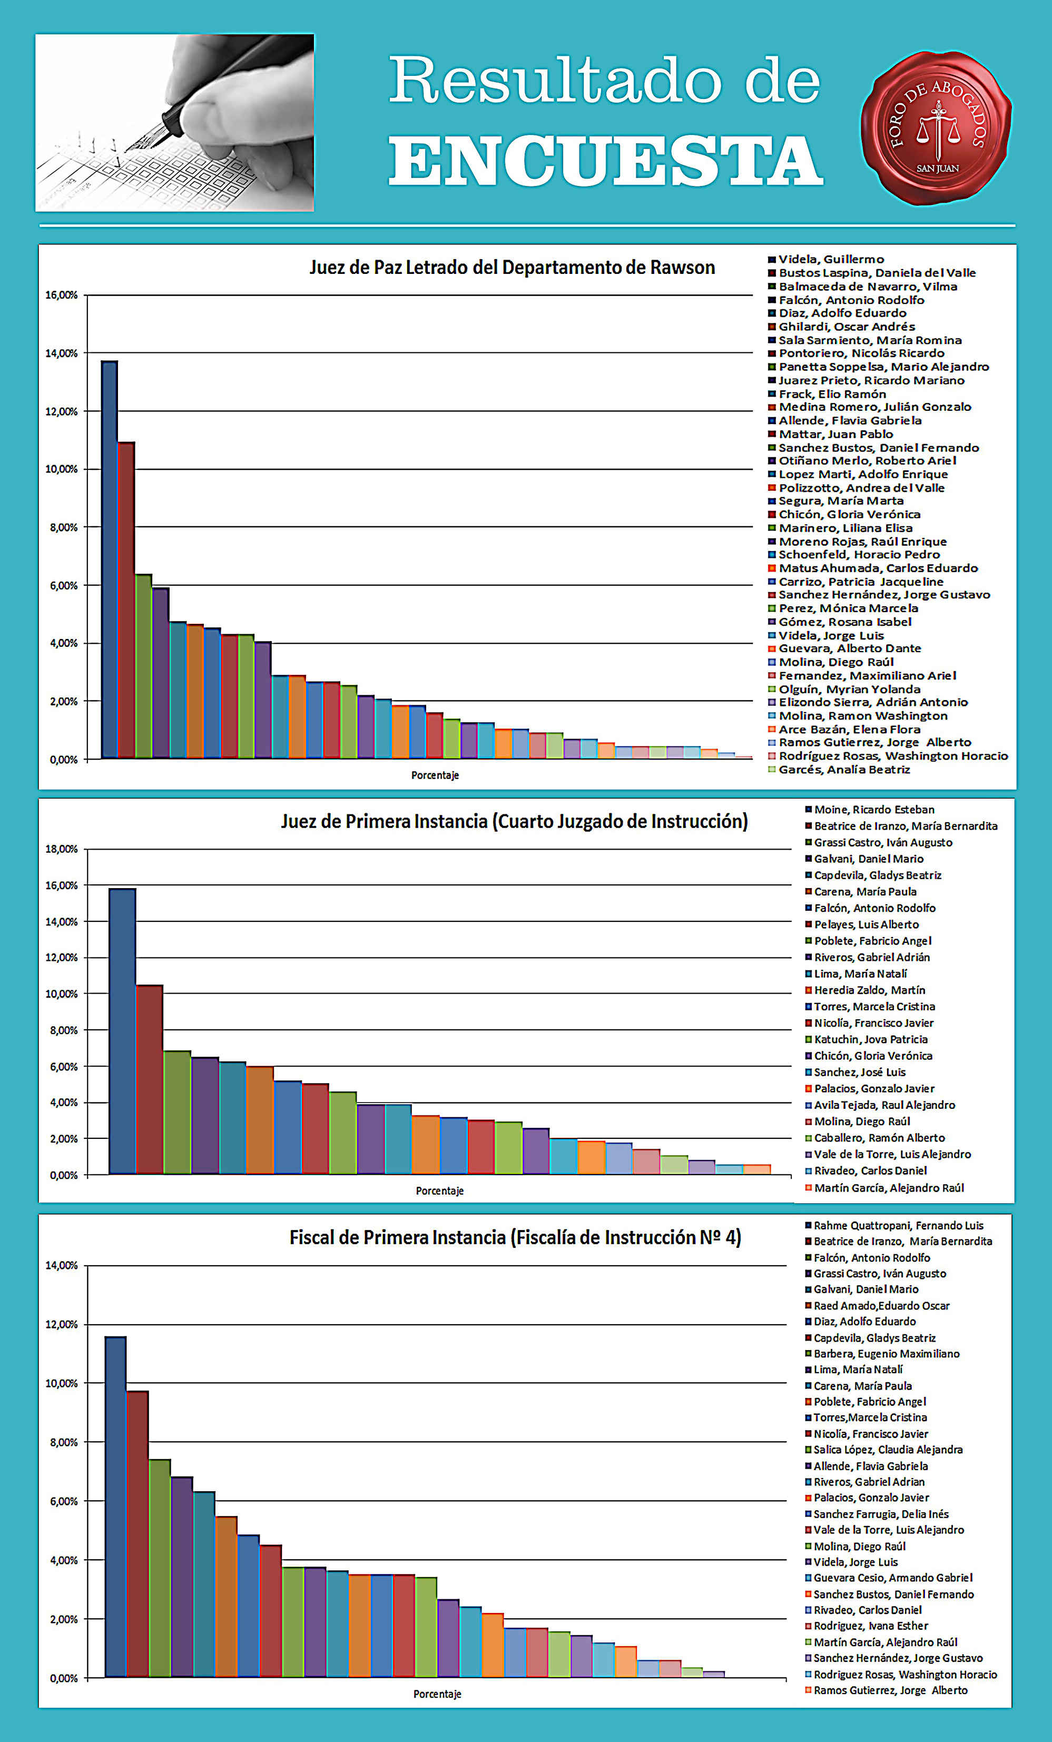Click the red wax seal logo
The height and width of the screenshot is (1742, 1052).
[x=936, y=127]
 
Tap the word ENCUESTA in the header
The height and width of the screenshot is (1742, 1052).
[x=605, y=162]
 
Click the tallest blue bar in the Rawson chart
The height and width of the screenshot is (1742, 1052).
[x=110, y=558]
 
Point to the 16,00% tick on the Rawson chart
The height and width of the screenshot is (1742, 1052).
[x=63, y=296]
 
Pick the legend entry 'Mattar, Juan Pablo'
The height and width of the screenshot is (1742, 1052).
[x=835, y=434]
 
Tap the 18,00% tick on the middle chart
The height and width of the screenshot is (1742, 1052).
[x=63, y=849]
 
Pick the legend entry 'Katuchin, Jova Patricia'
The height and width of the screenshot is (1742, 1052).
[x=870, y=1039]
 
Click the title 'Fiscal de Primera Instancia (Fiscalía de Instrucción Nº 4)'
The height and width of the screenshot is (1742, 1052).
[x=515, y=1237]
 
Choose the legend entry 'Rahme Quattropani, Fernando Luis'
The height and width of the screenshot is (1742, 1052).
[x=898, y=1225]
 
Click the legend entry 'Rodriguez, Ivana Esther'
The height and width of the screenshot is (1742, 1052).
[x=870, y=1626]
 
